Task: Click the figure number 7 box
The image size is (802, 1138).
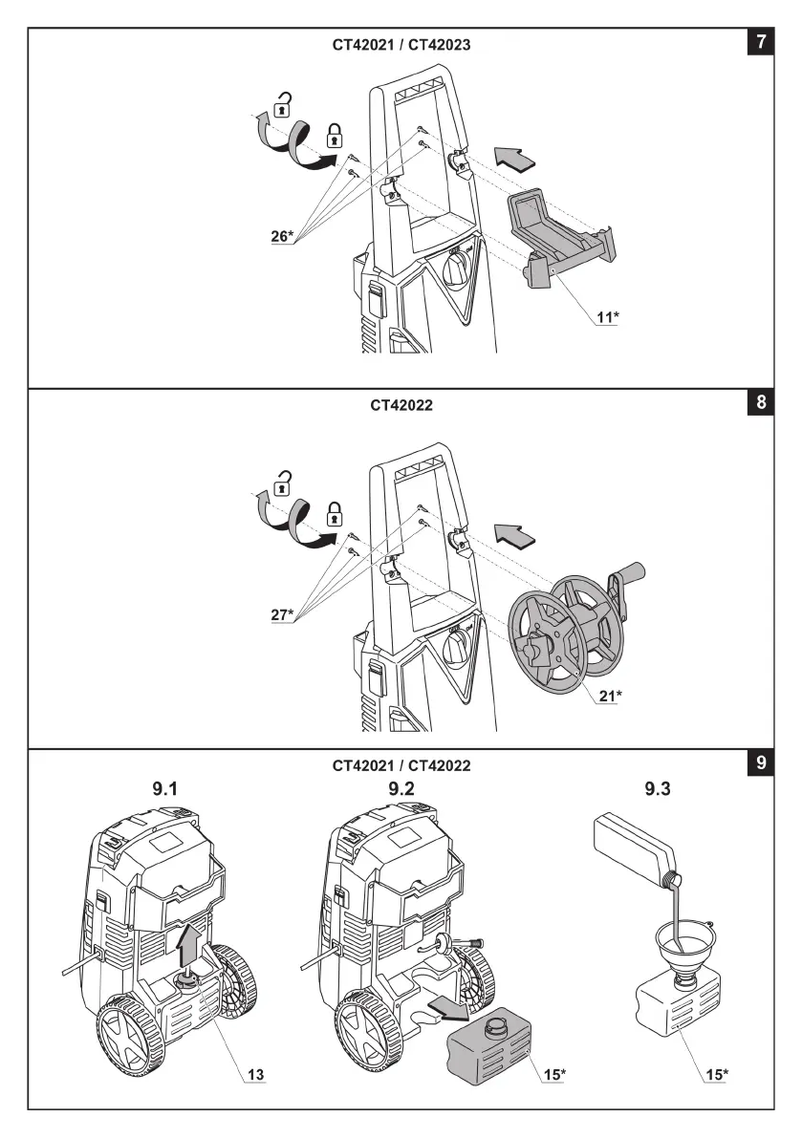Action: coord(760,42)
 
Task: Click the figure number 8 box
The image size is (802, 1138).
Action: coord(760,402)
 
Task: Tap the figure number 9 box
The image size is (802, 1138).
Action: coord(760,762)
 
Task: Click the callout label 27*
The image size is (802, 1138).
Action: coord(282,614)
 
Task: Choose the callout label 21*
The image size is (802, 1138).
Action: coord(609,696)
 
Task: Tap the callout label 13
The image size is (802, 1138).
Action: coord(255,1075)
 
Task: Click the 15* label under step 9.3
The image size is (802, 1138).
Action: coord(716,1075)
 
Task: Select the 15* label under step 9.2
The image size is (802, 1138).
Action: coord(554,1075)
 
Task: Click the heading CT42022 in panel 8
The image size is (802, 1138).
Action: coord(401,405)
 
